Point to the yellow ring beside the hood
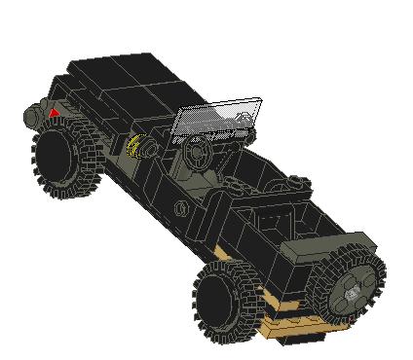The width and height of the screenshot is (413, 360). [x=135, y=147]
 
